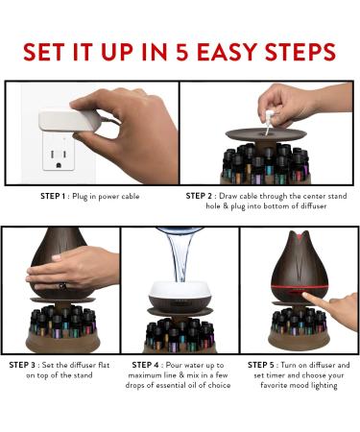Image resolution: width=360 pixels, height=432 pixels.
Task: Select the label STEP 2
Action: coord(204,195)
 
